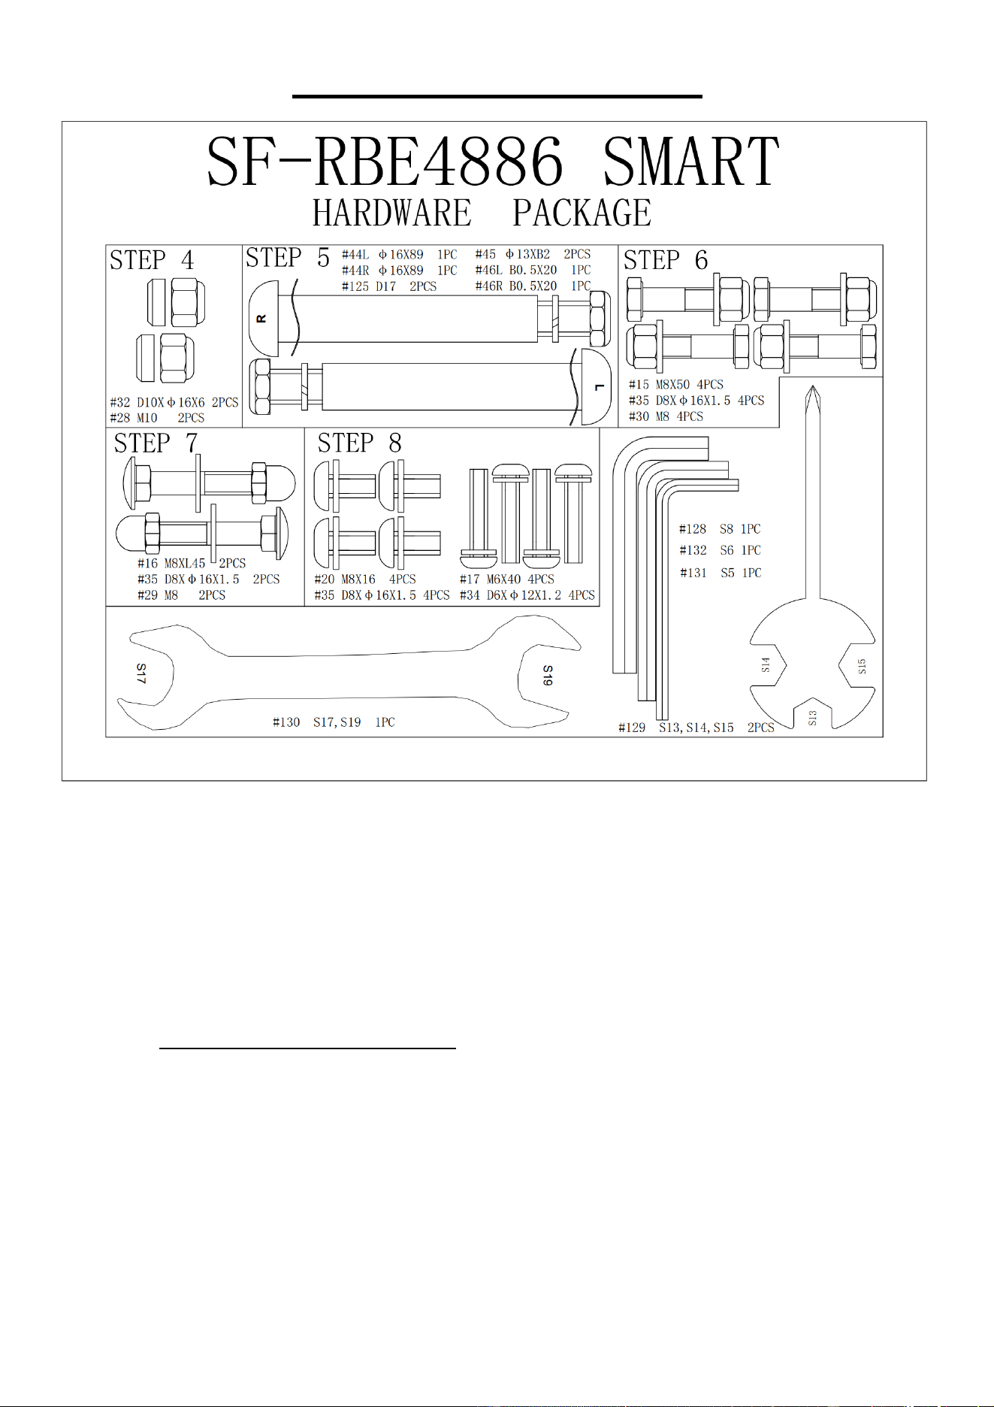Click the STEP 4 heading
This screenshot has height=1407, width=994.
pos(152,260)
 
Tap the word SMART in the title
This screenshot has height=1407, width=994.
pos(691,162)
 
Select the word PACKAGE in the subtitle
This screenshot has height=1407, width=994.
pos(582,213)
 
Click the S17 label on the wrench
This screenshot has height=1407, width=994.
pos(141,673)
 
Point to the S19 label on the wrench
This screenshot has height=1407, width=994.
pos(548,675)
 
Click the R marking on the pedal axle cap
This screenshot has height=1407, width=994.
pos(261,319)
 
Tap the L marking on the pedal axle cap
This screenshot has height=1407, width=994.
pos(599,387)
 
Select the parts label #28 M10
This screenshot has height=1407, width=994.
pos(134,418)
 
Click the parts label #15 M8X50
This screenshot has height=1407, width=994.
pos(659,384)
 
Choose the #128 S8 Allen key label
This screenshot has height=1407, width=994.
pos(720,529)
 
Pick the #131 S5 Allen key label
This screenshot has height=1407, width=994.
pos(721,573)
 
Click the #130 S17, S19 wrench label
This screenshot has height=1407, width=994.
pos(334,722)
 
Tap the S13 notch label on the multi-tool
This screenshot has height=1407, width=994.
pos(812,718)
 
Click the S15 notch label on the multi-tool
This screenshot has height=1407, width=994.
pos(862,666)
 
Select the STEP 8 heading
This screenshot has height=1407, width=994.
pos(359,443)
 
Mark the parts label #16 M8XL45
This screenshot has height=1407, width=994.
pos(171,563)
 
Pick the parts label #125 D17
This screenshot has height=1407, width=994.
pos(369,286)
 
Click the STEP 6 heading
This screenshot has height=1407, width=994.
pos(666,260)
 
